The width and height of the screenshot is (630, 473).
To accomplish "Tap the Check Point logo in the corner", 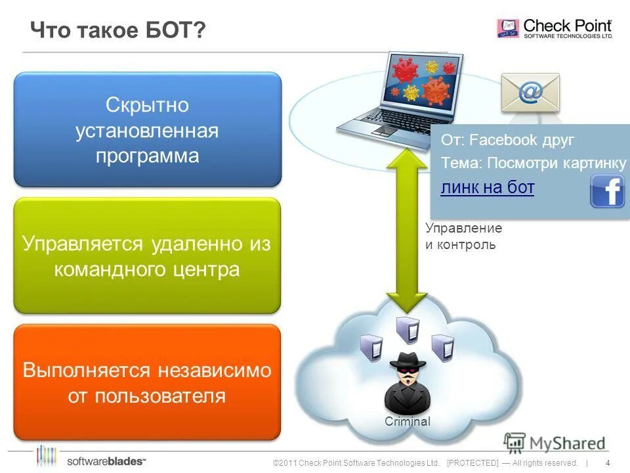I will pyautogui.click(x=555, y=28).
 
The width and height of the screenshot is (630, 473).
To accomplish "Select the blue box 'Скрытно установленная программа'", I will pyautogui.click(x=148, y=130).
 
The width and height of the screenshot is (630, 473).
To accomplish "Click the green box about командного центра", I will pyautogui.click(x=147, y=256).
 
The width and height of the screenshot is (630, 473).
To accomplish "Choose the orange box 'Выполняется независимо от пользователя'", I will pyautogui.click(x=147, y=382).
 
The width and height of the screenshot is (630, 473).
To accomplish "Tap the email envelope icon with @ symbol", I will pyautogui.click(x=530, y=93).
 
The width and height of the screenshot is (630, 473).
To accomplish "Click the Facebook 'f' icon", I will pyautogui.click(x=607, y=191).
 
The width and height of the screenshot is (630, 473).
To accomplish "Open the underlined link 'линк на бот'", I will pyautogui.click(x=487, y=188).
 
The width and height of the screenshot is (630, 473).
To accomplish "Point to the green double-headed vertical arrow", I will pyautogui.click(x=407, y=230).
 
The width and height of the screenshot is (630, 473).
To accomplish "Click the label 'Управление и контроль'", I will pyautogui.click(x=463, y=236).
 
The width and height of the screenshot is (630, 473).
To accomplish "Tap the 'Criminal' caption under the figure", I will pyautogui.click(x=407, y=422).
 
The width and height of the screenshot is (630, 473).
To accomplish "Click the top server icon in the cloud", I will pyautogui.click(x=407, y=330).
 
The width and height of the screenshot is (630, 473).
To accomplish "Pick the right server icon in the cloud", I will pyautogui.click(x=442, y=347).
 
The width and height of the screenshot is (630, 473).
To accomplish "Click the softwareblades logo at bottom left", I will pyautogui.click(x=92, y=457).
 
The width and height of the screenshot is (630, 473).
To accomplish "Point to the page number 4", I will pyautogui.click(x=608, y=462).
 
